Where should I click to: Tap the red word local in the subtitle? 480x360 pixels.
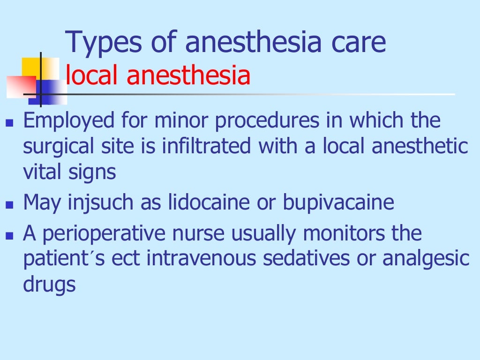tap(92, 76)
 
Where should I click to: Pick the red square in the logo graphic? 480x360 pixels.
tap(21, 87)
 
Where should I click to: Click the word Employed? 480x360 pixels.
tap(69, 121)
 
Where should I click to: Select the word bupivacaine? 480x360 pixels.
tap(338, 202)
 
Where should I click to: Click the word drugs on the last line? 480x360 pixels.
tap(49, 285)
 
